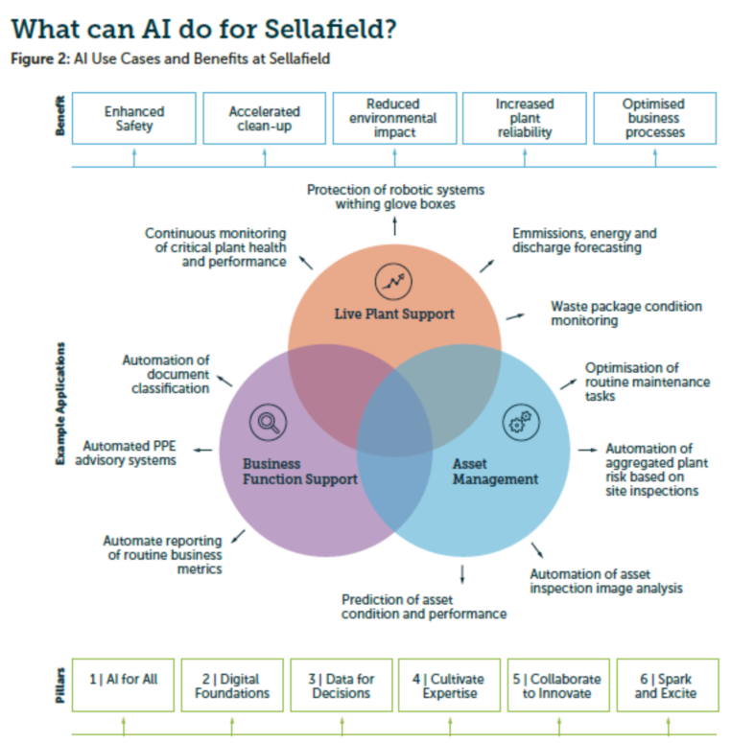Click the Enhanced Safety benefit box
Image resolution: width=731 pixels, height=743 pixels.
pyautogui.click(x=134, y=118)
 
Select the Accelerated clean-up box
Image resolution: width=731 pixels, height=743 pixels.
pyautogui.click(x=264, y=118)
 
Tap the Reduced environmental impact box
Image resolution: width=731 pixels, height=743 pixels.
pyautogui.click(x=393, y=118)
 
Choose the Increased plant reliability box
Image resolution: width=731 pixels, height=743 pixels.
pyautogui.click(x=524, y=118)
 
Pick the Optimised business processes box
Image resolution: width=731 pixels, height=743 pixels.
pyautogui.click(x=654, y=118)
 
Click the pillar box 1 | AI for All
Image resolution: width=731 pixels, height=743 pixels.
pyautogui.click(x=124, y=685)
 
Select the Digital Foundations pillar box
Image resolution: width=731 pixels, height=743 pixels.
pyautogui.click(x=232, y=685)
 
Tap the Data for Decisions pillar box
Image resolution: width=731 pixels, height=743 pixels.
pyautogui.click(x=341, y=685)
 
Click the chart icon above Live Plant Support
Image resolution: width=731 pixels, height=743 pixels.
pyautogui.click(x=393, y=279)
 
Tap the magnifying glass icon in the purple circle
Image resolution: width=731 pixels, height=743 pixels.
pyautogui.click(x=268, y=422)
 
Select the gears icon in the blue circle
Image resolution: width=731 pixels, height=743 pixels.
pyautogui.click(x=522, y=422)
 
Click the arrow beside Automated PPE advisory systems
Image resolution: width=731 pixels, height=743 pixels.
pyautogui.click(x=201, y=449)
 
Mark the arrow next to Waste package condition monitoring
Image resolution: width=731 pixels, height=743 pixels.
pyautogui.click(x=517, y=315)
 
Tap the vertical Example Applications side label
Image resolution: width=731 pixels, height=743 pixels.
pyautogui.click(x=60, y=403)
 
